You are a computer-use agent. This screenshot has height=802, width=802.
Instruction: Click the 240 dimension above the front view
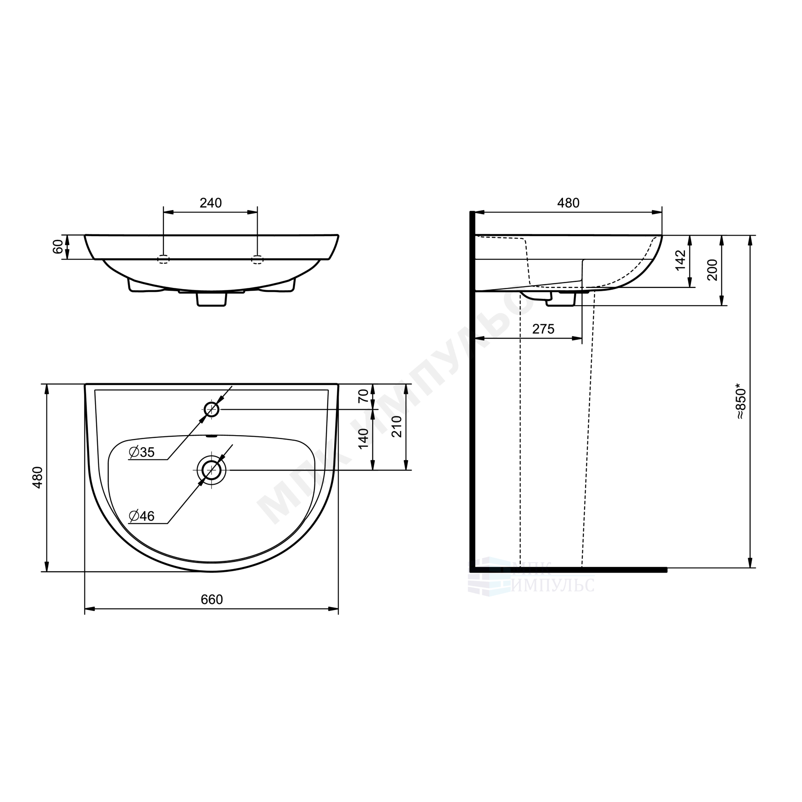point(211,203)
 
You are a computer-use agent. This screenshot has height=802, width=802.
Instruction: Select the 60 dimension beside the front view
point(58,247)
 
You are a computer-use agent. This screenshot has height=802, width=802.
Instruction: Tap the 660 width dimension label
point(212,599)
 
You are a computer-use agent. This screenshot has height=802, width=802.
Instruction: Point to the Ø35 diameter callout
point(142,452)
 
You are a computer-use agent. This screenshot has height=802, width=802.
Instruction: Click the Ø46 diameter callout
point(142,516)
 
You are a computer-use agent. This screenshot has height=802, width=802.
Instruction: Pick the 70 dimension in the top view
point(363,396)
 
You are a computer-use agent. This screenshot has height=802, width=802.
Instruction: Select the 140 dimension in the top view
point(363,438)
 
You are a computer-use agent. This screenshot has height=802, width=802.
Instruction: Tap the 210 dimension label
point(397,426)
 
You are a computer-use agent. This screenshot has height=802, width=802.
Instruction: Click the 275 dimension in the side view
point(543,329)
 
